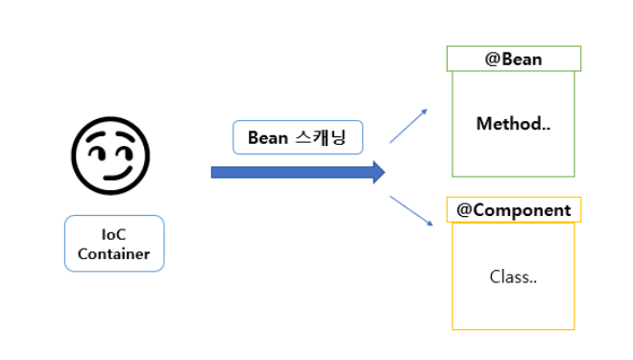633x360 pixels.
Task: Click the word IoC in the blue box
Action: tap(114, 234)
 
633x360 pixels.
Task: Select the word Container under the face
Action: tap(114, 253)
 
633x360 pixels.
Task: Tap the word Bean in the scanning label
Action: tap(268, 137)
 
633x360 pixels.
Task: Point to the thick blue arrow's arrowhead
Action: tap(377, 172)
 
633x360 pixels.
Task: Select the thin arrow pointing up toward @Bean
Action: tap(408, 126)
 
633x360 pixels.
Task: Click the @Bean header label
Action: tap(513, 60)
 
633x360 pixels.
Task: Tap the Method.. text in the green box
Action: tap(513, 124)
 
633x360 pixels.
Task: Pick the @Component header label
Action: tap(513, 210)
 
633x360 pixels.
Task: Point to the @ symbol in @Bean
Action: tap(491, 60)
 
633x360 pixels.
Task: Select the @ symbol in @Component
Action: tap(463, 210)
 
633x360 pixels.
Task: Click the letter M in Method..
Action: tap(483, 124)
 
